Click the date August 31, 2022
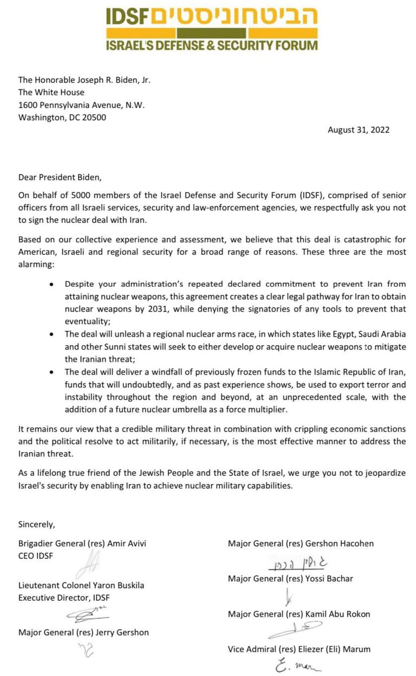(x=358, y=130)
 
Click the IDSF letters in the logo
(x=127, y=17)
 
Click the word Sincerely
(x=36, y=524)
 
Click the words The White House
(x=51, y=92)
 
